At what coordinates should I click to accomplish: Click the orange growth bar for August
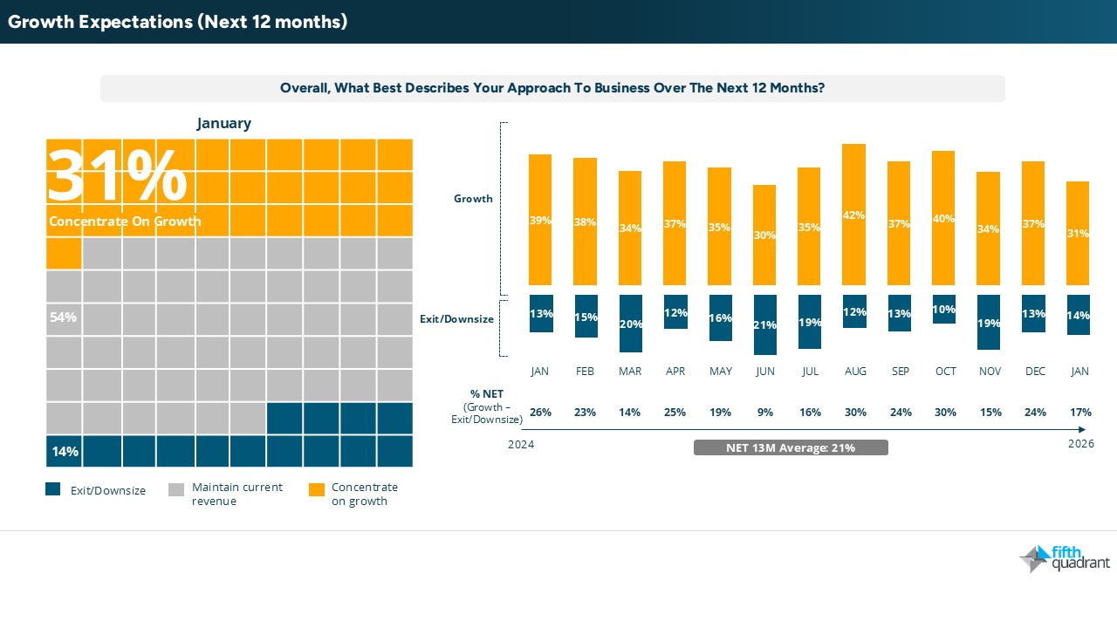855,215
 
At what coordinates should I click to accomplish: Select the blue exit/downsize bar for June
765,324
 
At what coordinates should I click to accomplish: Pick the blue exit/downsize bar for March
630,324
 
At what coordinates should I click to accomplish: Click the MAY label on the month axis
720,372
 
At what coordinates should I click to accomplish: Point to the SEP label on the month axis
901,372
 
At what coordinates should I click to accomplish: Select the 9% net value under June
765,413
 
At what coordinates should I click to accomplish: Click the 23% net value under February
585,413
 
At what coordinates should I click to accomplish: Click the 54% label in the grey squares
63,317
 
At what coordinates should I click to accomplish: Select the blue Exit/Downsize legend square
53,489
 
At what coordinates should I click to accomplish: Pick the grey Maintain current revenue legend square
175,489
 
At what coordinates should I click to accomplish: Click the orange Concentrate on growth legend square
317,489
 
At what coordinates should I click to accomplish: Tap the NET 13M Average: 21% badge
791,447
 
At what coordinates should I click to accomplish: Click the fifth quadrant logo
1065,558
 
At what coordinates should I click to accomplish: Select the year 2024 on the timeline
521,445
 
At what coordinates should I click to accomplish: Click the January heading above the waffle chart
224,123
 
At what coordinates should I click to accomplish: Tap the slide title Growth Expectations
178,22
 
